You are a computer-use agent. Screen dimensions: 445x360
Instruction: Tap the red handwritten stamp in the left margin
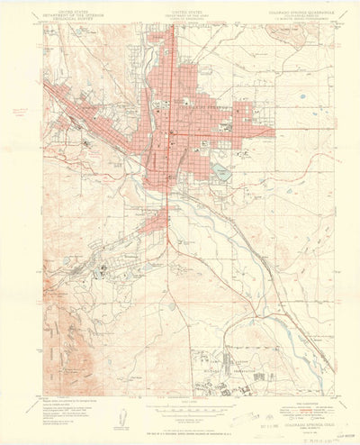pos(20,112)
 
